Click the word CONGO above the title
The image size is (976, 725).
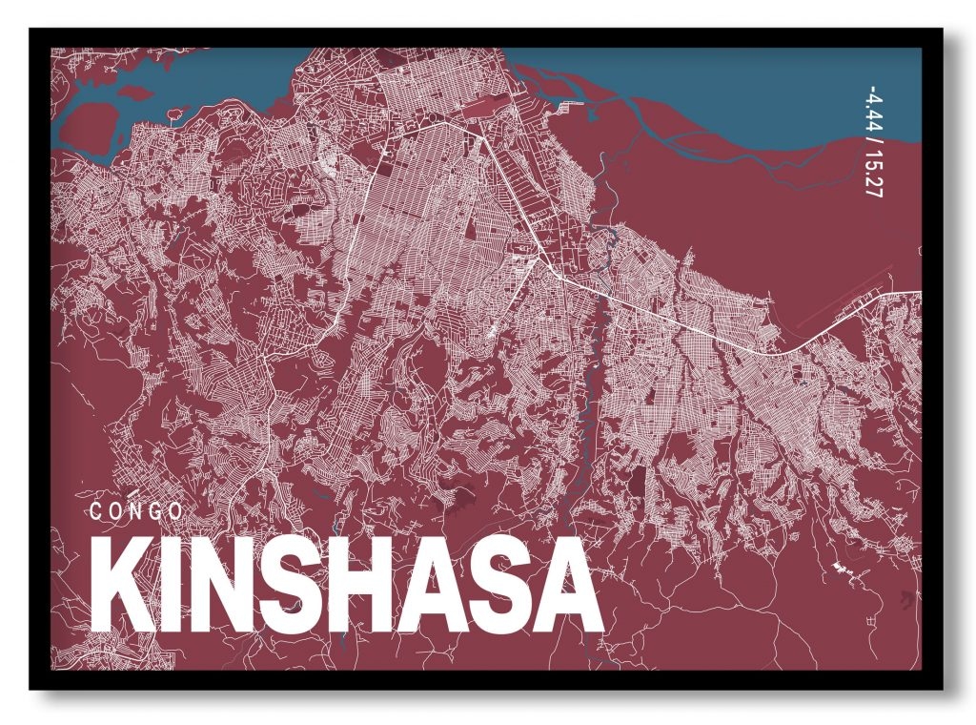pos(135,511)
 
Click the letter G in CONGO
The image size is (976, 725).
pos(154,511)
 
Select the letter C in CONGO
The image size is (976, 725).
pos(96,511)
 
